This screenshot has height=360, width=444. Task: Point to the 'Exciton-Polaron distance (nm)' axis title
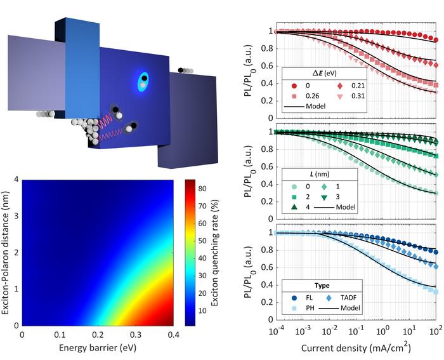pos(7,252)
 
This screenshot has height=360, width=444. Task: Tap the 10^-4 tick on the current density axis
pos(277,332)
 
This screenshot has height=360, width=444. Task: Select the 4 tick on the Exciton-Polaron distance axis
pos(16,180)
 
